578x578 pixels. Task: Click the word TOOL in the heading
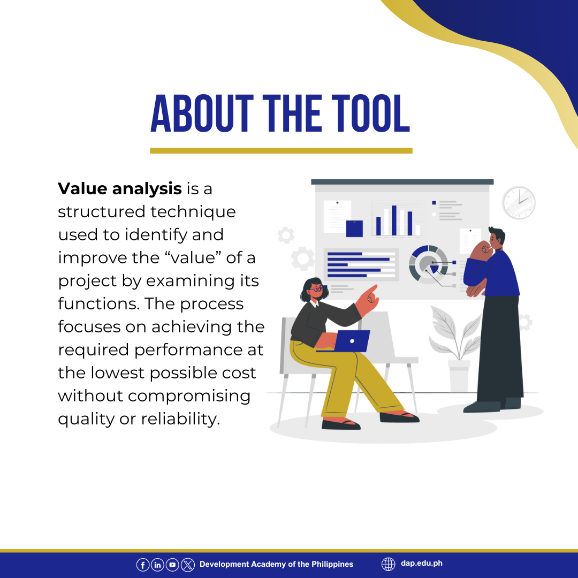(x=370, y=113)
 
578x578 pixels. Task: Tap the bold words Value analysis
(x=120, y=189)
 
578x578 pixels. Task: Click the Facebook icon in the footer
(x=143, y=565)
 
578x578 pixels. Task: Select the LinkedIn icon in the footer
(x=157, y=565)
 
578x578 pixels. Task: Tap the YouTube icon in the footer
(x=172, y=565)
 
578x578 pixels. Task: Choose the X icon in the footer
(x=188, y=565)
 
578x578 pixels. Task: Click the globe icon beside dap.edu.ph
(x=388, y=564)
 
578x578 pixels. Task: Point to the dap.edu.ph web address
(x=422, y=563)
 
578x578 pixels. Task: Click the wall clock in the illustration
(x=519, y=202)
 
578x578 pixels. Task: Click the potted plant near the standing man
(x=457, y=348)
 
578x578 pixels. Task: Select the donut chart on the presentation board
(x=429, y=264)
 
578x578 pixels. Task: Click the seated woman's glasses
(x=317, y=288)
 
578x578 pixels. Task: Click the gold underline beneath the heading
(x=281, y=150)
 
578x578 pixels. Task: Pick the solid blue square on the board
(x=354, y=229)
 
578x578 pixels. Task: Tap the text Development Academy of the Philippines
(x=277, y=564)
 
